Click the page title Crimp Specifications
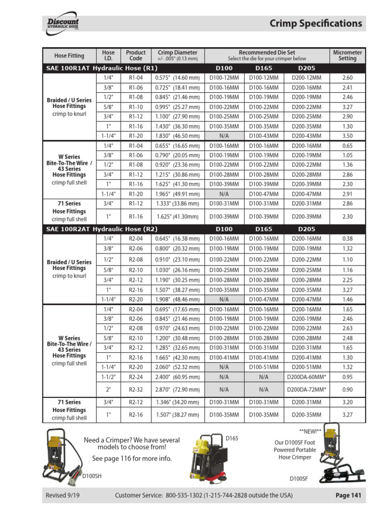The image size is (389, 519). click(316, 23)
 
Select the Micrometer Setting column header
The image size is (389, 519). click(347, 55)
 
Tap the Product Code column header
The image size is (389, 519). click(136, 55)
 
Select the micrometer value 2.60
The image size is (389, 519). click(347, 78)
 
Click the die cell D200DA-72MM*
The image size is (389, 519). click(306, 389)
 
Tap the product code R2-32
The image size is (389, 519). click(136, 389)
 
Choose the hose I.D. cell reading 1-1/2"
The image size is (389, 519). click(108, 377)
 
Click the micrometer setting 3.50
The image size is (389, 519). click(347, 136)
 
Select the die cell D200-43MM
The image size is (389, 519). click(306, 136)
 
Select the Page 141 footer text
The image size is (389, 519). click(348, 495)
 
